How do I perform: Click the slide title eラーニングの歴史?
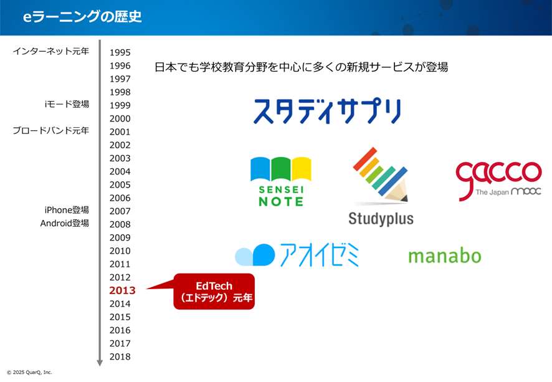tap(82, 17)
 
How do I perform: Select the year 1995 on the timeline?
tap(120, 52)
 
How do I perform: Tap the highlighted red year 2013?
tap(122, 290)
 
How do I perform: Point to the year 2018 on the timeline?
tap(120, 356)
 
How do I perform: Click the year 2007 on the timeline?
tap(120, 211)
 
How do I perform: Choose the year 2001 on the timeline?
tap(120, 131)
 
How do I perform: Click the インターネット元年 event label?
tap(51, 51)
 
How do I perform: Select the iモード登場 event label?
tap(67, 104)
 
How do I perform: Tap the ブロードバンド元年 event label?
tap(51, 131)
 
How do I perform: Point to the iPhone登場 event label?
tap(67, 210)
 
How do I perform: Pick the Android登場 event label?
tap(65, 223)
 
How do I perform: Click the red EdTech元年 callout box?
tap(214, 292)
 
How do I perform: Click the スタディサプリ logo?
tap(327, 111)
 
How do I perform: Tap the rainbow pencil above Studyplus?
tap(381, 175)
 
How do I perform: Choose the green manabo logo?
tap(445, 256)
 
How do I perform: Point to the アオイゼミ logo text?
tap(320, 254)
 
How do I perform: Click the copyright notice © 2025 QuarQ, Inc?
tap(29, 372)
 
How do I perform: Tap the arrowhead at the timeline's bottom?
tap(100, 363)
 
